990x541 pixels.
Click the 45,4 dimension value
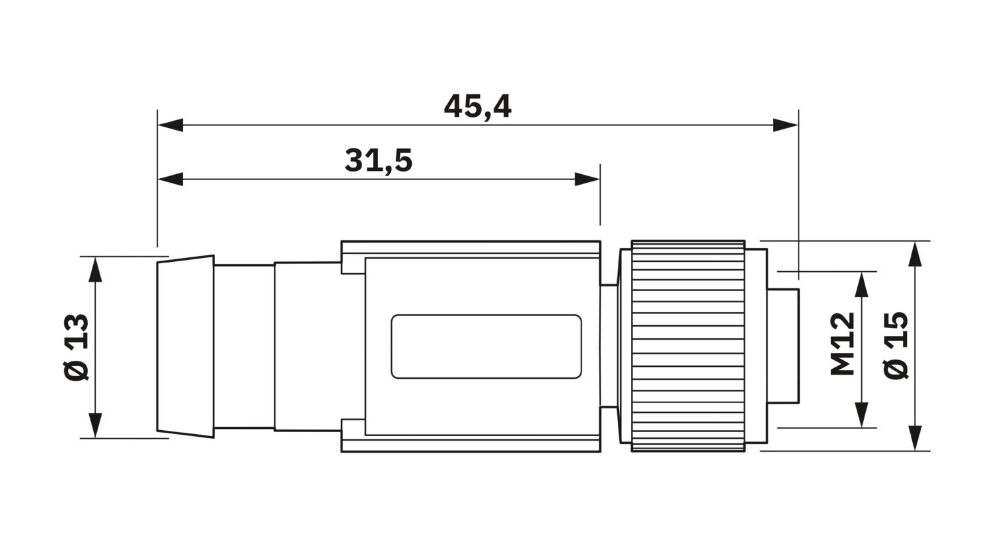[x=477, y=107]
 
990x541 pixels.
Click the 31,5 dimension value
[x=378, y=161]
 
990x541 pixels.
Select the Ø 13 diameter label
[x=77, y=347]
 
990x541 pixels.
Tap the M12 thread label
[x=843, y=343]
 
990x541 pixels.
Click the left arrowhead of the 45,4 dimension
[x=170, y=125]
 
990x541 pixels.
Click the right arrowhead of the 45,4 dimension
[x=786, y=125]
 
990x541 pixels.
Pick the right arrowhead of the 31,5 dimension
[x=587, y=179]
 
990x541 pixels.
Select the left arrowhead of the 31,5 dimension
[x=170, y=179]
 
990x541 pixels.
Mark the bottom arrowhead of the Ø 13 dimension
[x=96, y=426]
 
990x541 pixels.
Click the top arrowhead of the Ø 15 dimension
[x=915, y=253]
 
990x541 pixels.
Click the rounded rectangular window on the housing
[x=486, y=347]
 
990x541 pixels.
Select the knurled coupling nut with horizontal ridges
[x=688, y=346]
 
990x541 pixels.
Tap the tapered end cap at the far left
[x=185, y=347]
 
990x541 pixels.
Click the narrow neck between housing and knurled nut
[x=609, y=346]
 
